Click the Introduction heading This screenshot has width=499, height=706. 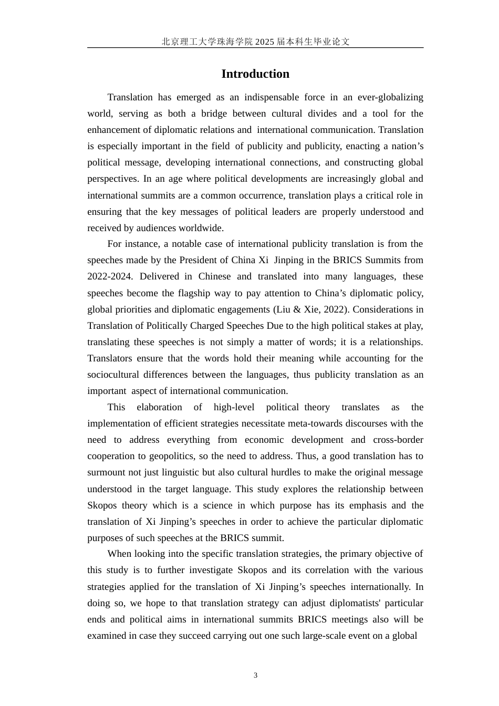[255, 74]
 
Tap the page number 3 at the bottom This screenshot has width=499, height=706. [256, 676]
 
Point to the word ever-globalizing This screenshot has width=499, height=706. [390, 97]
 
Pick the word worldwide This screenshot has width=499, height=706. [202, 228]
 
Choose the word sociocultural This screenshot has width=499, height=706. [114, 375]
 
